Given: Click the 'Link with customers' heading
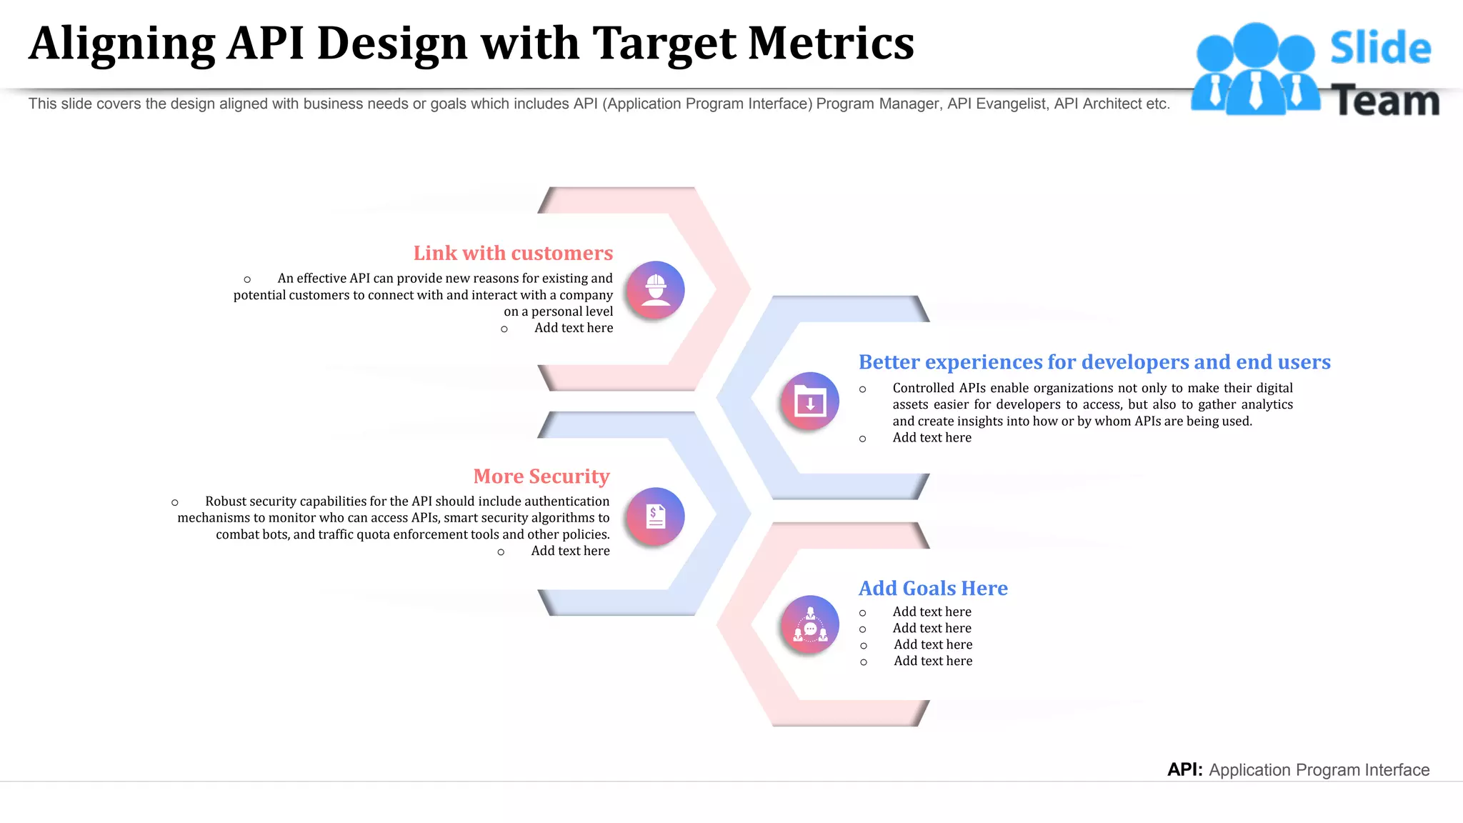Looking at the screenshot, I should [x=513, y=254].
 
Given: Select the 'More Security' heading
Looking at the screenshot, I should [x=541, y=477].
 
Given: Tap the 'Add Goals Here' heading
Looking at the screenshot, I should [x=933, y=588].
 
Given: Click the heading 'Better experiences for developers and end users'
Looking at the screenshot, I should [x=1094, y=362].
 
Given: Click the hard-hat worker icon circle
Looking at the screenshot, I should [x=656, y=290].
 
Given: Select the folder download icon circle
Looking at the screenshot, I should [x=810, y=401].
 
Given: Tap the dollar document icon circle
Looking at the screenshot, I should [x=656, y=516].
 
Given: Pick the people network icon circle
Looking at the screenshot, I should [x=810, y=624].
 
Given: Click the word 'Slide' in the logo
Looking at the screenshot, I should [x=1380, y=49].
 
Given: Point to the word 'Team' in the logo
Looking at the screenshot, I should [x=1385, y=101].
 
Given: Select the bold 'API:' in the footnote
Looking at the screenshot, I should [x=1184, y=769].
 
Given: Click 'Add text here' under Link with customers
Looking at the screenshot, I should [x=573, y=328].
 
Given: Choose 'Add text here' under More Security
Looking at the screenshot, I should [x=570, y=551].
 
